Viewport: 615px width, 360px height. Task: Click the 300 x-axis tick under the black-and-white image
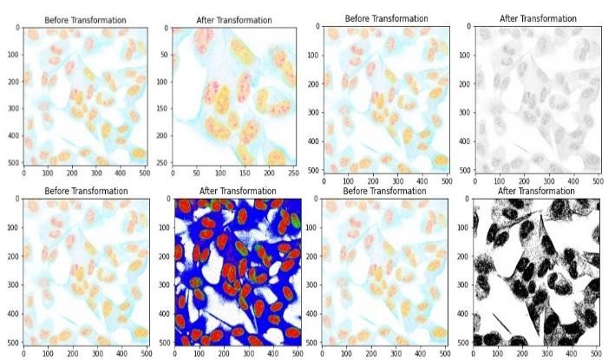548,351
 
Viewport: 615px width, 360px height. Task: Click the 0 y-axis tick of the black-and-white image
468,199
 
